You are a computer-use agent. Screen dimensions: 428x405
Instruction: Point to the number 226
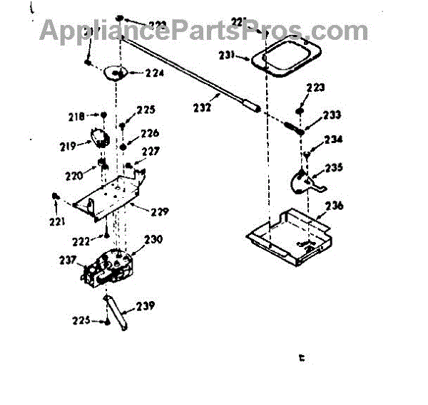[150, 133]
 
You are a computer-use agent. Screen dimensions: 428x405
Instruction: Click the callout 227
[150, 151]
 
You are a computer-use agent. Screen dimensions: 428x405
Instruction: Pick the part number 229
[159, 211]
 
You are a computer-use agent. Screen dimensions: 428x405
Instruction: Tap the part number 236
[334, 206]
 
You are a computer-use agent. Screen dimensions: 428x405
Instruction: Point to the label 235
[334, 168]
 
